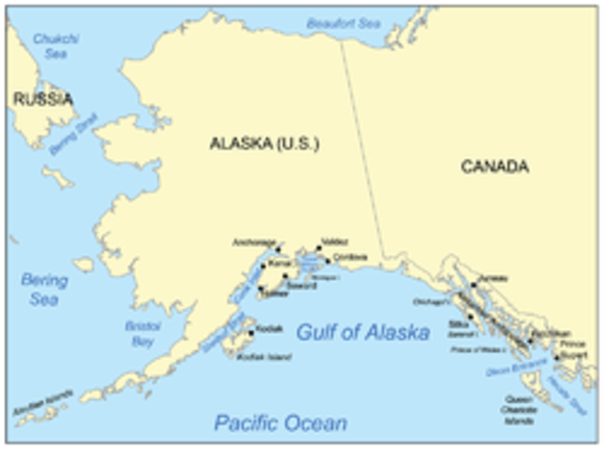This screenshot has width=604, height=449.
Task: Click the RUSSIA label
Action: coord(42,98)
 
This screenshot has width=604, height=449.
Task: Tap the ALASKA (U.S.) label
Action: coord(264,145)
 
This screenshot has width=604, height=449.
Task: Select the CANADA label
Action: coord(495,167)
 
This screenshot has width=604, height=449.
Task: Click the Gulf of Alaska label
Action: coord(363,332)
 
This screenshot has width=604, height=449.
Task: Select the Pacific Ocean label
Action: coord(279,422)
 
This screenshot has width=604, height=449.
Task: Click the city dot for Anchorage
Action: coord(278,252)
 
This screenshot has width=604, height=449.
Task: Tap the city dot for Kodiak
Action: coord(250,332)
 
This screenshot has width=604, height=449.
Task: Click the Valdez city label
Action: coord(334,242)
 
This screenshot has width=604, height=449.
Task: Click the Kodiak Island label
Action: coord(263,357)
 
